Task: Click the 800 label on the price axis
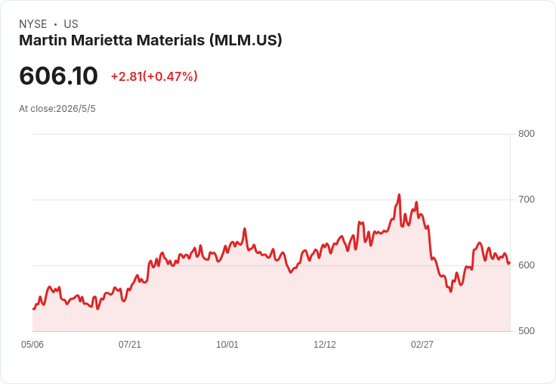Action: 527,134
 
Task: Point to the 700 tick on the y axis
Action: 527,200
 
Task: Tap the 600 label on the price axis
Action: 527,265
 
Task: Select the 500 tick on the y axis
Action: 527,331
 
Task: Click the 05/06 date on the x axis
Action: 32,345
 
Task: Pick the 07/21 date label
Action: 130,345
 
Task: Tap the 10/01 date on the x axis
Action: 227,345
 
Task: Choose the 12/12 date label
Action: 325,345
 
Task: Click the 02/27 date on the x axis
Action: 422,345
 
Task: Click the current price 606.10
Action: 58,76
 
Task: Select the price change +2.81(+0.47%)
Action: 154,76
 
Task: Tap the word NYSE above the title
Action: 33,24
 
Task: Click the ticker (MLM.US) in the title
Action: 246,41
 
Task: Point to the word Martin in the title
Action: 43,40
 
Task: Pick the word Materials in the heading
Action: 171,40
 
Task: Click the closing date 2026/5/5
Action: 76,109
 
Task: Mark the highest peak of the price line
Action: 400,194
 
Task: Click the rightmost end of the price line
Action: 510,263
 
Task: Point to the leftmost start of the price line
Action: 33,309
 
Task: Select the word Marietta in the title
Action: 102,40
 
